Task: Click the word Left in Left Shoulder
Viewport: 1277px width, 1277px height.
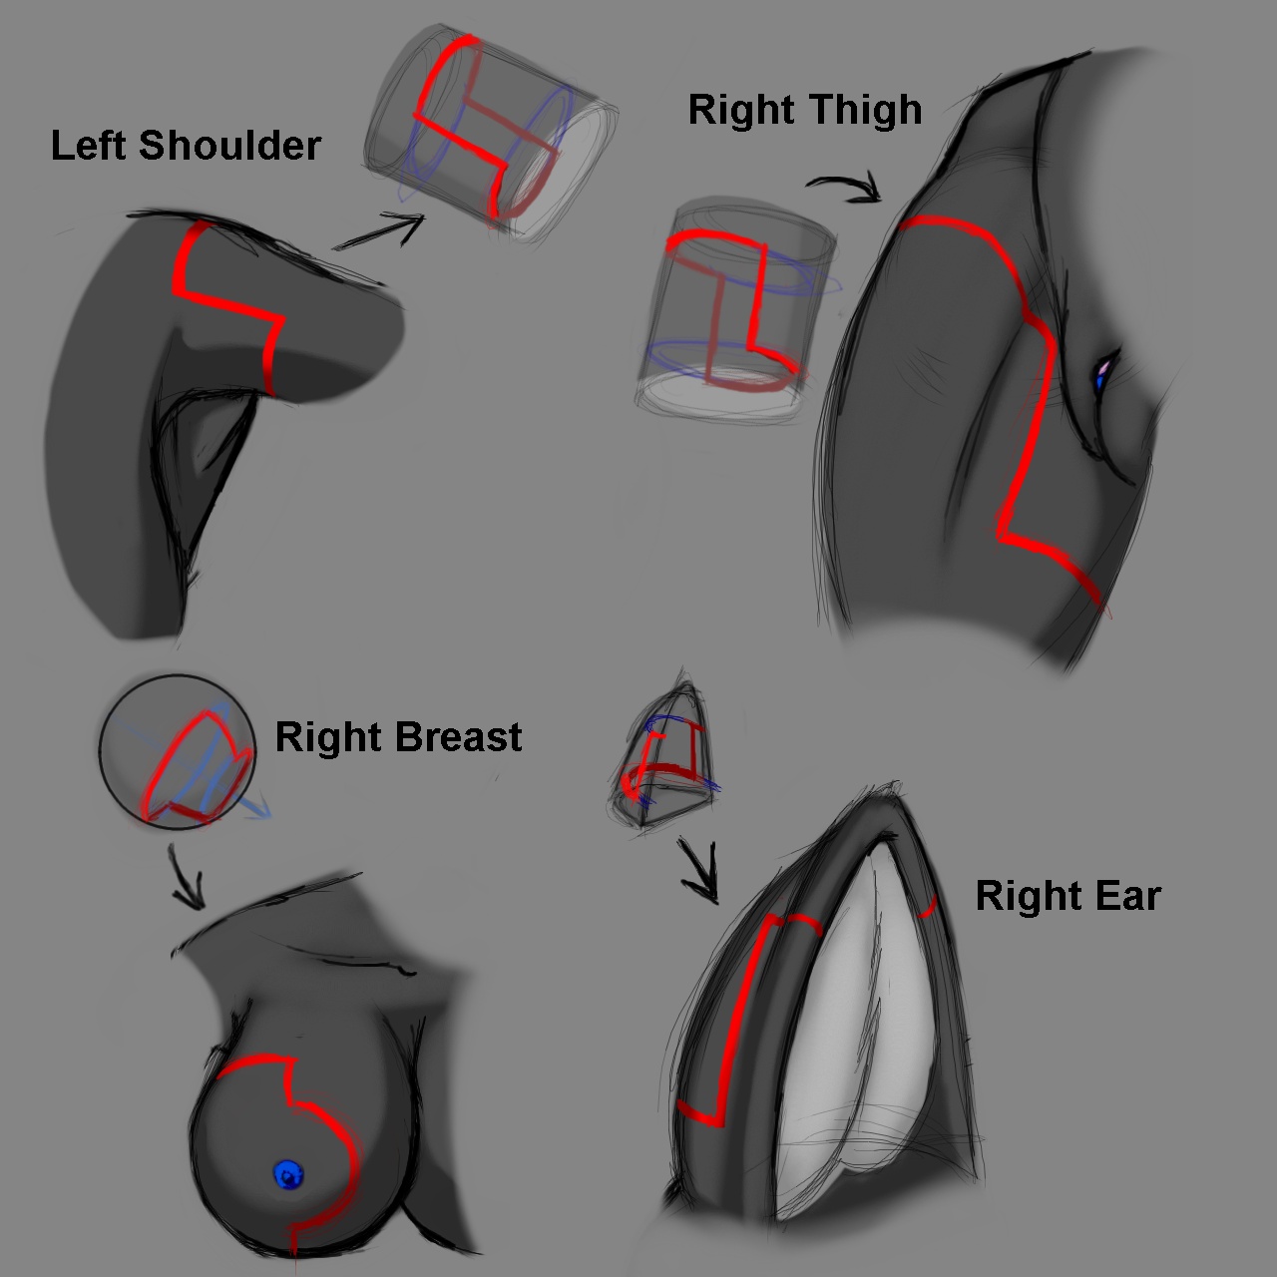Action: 89,146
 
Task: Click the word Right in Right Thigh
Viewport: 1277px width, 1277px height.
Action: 740,110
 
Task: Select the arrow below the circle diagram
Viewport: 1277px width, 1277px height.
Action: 187,876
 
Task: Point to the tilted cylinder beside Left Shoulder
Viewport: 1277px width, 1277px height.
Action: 489,140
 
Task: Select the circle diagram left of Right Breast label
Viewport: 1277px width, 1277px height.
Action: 178,750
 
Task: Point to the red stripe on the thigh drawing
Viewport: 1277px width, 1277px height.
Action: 1028,399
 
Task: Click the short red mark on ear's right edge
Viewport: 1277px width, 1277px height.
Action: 927,907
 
